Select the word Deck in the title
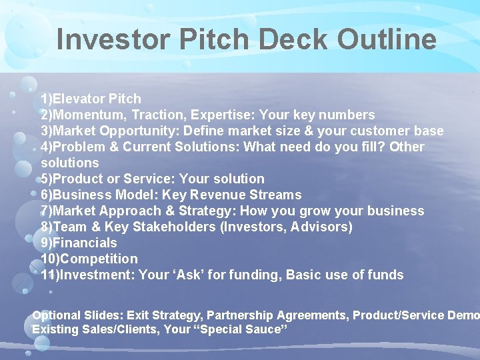pyautogui.click(x=293, y=39)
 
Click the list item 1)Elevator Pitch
pyautogui.click(x=91, y=99)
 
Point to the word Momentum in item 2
pyautogui.click(x=82, y=115)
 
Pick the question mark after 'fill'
pyautogui.click(x=382, y=147)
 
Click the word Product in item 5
pyautogui.click(x=77, y=179)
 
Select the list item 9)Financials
pyautogui.click(x=79, y=243)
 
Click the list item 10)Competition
pyautogui.click(x=89, y=259)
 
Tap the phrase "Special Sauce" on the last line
pyautogui.click(x=238, y=329)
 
